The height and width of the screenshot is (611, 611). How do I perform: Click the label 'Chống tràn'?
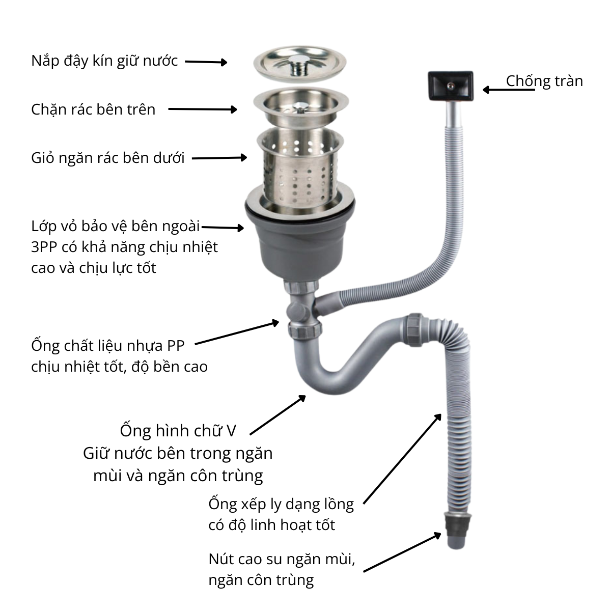[544, 81]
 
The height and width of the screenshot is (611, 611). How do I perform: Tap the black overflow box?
[451, 86]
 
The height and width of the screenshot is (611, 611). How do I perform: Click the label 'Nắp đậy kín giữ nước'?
[104, 62]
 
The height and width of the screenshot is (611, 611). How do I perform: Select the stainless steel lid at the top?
[299, 64]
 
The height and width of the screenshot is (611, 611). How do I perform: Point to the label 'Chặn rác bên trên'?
[93, 109]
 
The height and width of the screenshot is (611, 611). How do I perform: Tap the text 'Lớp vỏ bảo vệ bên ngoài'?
[116, 227]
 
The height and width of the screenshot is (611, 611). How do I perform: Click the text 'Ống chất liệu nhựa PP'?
[108, 346]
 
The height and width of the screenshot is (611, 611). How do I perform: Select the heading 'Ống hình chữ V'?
[178, 431]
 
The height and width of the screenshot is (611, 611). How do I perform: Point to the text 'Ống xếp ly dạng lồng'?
[281, 505]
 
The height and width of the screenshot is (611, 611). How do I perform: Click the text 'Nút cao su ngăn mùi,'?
[282, 559]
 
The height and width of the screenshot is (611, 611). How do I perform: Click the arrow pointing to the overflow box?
[509, 90]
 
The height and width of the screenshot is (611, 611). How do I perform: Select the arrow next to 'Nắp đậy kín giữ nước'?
[206, 62]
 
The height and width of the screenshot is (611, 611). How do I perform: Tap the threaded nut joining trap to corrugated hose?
[415, 330]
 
